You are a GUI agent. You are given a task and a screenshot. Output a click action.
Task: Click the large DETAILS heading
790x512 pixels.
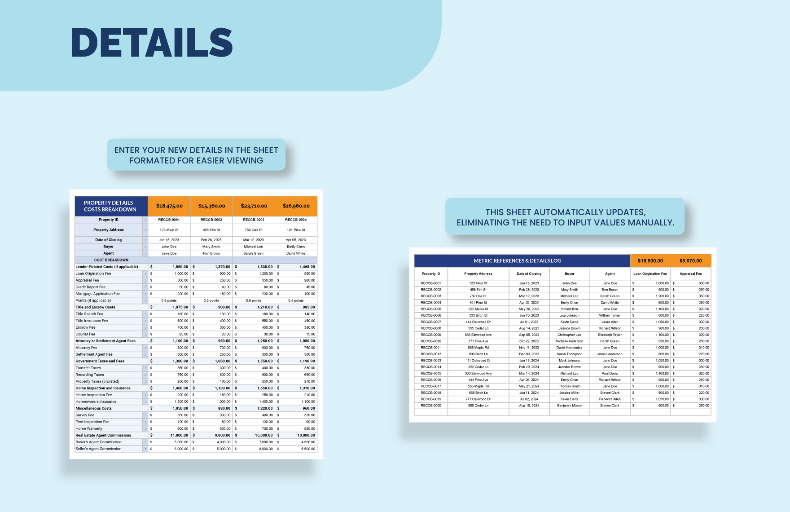tap(152, 42)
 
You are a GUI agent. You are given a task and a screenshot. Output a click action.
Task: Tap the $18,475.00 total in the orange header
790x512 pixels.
tap(169, 206)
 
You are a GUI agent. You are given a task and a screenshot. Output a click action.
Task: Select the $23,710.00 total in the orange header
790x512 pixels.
tap(254, 206)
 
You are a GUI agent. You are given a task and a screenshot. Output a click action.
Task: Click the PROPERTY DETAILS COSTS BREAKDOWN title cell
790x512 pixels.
tap(110, 206)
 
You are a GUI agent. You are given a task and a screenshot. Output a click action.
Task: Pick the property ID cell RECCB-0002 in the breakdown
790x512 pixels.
tap(211, 220)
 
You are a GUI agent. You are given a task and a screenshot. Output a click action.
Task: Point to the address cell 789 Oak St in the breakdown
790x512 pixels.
tap(254, 230)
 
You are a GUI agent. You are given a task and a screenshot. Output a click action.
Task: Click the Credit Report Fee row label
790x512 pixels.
tap(91, 287)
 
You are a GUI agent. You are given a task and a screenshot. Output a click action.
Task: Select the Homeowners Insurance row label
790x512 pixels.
tap(96, 402)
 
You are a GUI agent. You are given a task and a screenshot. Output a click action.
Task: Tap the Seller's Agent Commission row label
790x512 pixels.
tap(99, 449)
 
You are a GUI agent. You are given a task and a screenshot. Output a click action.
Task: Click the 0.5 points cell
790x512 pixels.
tap(169, 300)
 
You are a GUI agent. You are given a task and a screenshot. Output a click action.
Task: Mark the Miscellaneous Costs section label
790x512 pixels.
tap(94, 408)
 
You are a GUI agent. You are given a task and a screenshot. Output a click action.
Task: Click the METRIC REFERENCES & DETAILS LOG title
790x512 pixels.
tap(517, 261)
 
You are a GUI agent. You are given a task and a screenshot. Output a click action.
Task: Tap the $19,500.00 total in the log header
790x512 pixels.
tap(650, 261)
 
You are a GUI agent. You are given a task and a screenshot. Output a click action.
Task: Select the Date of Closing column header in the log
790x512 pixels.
tap(529, 274)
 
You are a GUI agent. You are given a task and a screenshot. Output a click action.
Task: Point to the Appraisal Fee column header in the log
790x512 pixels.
tap(690, 274)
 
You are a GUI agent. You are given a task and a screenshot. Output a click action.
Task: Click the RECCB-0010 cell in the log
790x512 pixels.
tap(431, 341)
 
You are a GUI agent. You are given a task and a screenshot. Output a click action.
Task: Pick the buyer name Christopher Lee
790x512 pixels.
tap(569, 335)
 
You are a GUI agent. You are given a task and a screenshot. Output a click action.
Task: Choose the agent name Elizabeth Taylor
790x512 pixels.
tap(610, 335)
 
